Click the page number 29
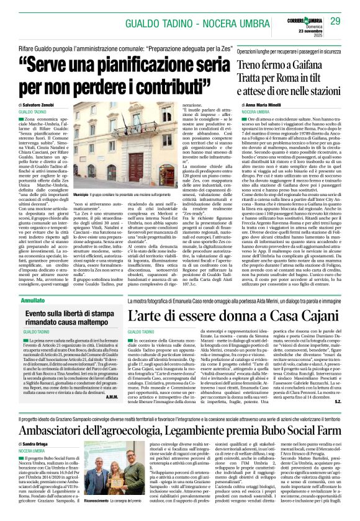pos(336,22)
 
